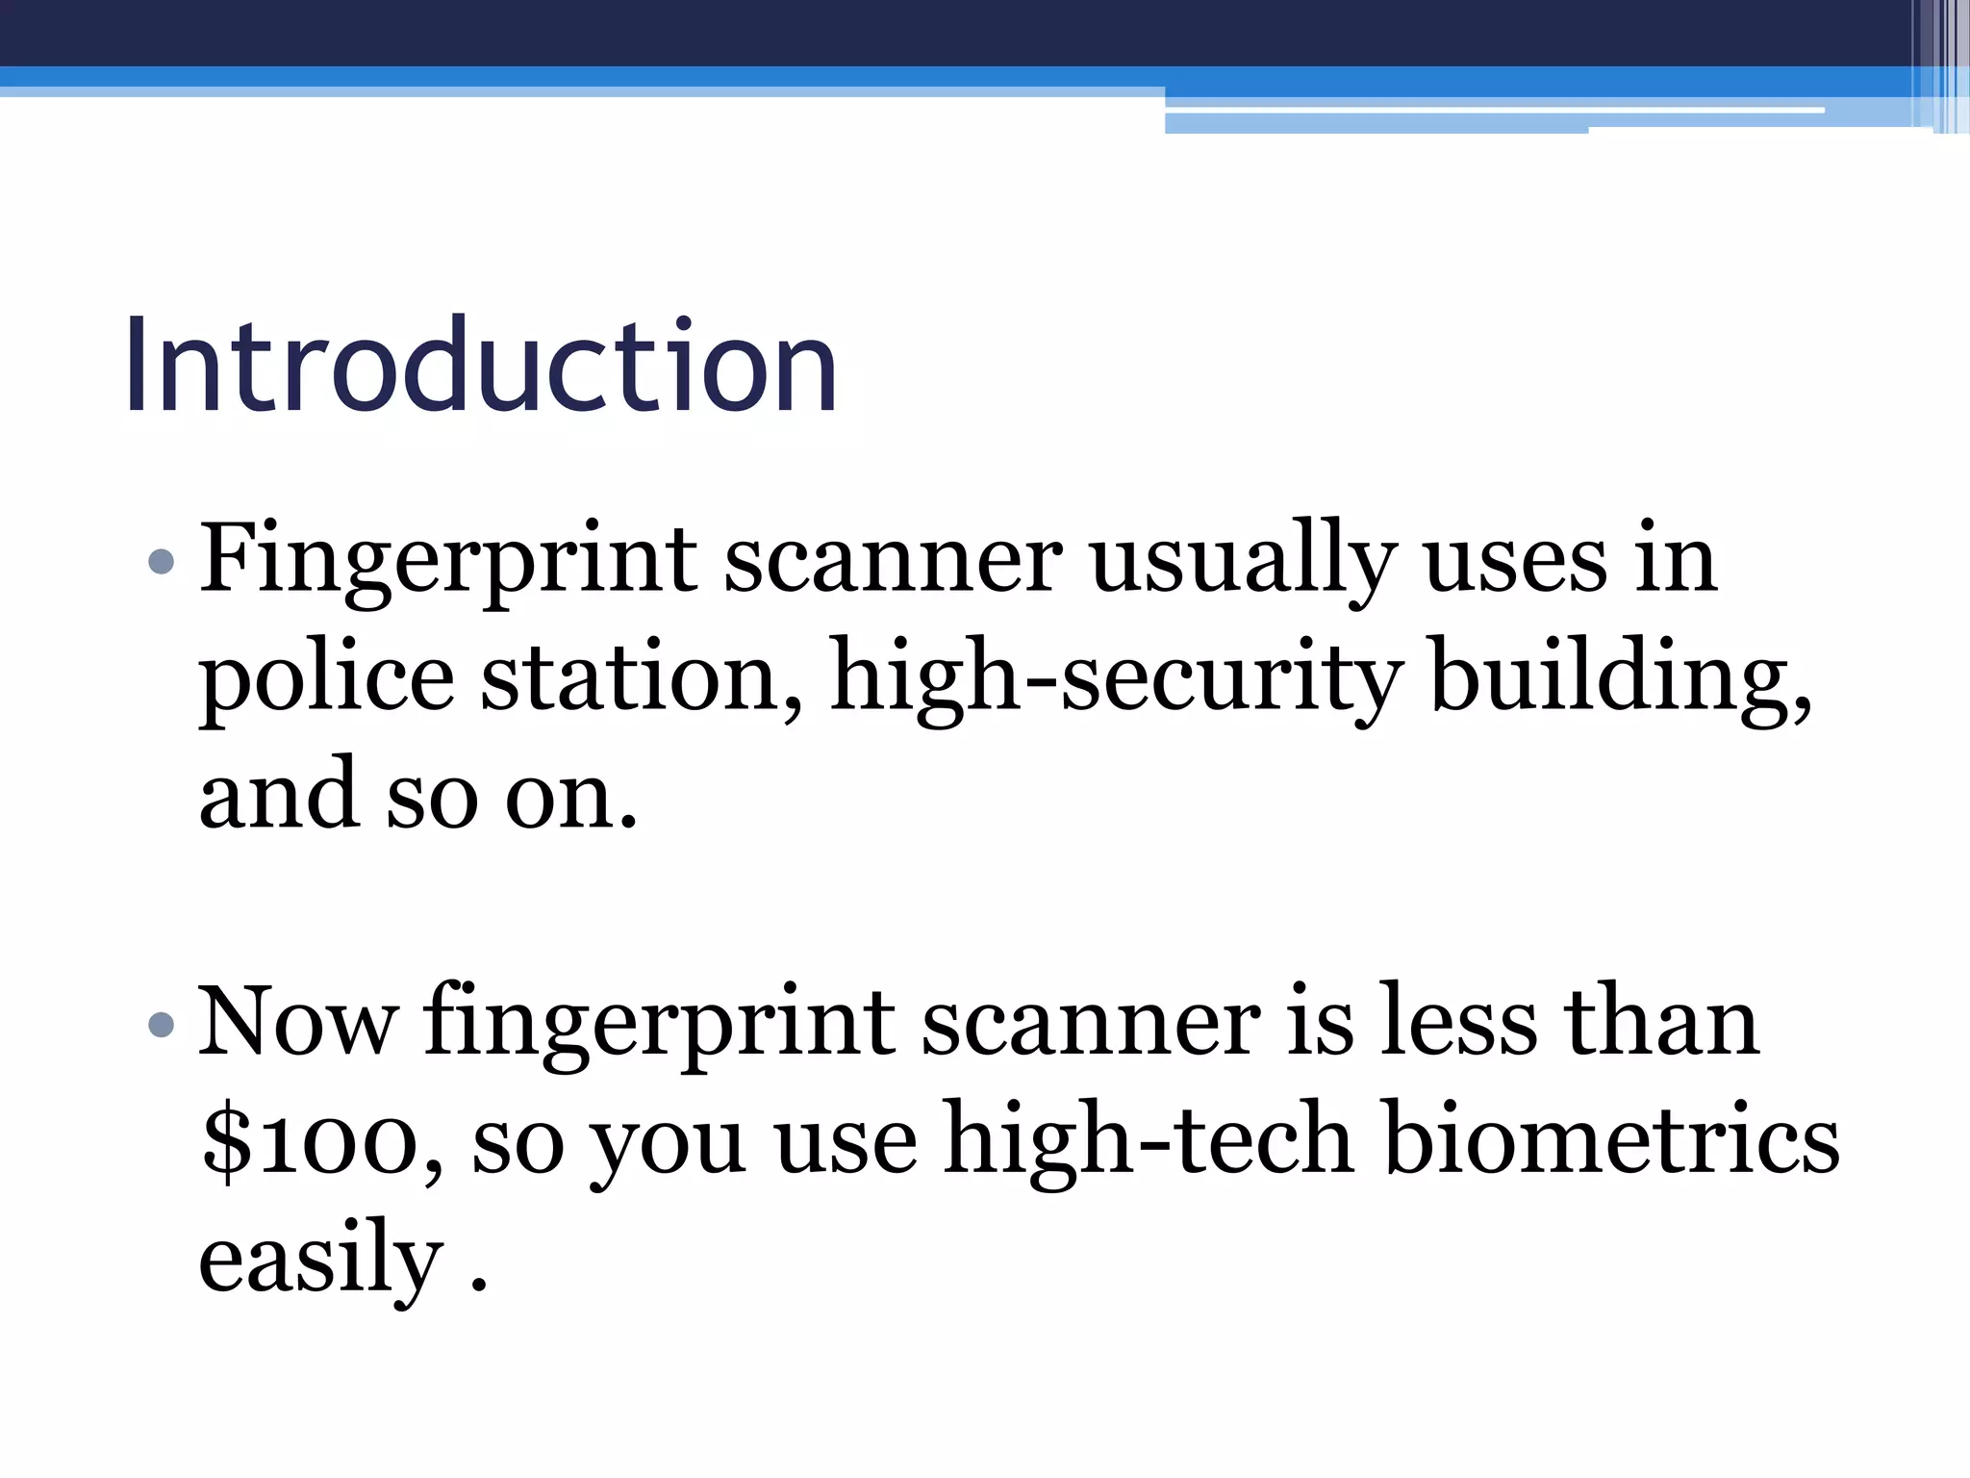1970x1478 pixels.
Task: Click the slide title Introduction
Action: (480, 367)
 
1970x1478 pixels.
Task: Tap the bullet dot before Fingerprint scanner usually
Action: (163, 561)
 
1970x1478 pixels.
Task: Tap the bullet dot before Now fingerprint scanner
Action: (163, 1026)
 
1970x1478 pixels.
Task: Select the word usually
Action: (1243, 562)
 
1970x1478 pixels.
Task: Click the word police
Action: (326, 679)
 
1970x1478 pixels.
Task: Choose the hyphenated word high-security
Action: (1116, 679)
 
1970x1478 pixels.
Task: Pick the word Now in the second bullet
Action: (297, 1024)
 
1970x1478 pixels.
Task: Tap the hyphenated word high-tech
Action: (1149, 1143)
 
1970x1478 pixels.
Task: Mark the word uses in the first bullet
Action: (1515, 562)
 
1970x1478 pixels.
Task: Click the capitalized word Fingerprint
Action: (447, 562)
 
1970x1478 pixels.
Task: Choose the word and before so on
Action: (278, 797)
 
